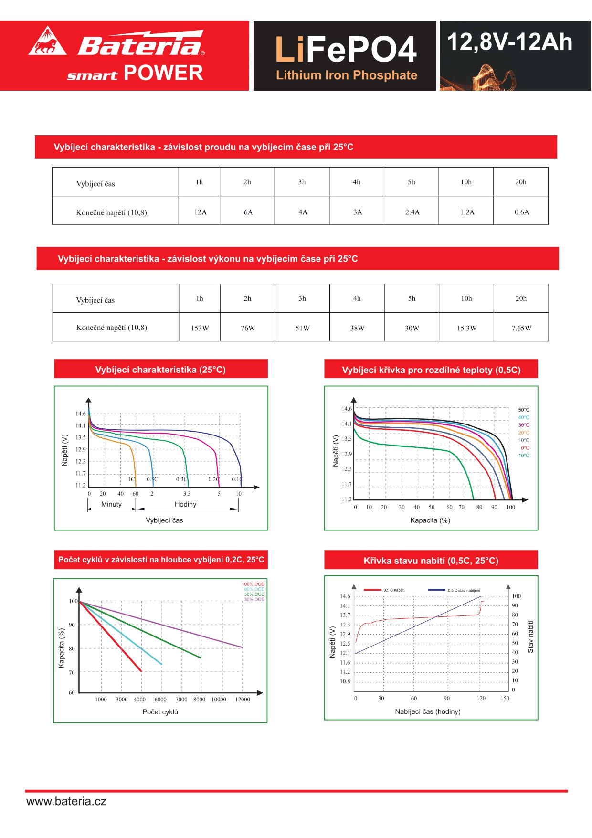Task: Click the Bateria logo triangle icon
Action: [x=47, y=42]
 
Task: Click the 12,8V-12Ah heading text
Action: [x=509, y=42]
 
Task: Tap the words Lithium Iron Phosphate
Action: [x=347, y=75]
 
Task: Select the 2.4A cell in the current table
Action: [x=412, y=212]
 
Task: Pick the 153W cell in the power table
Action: [x=200, y=328]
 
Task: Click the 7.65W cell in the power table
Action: [x=521, y=328]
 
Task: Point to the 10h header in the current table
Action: [x=466, y=182]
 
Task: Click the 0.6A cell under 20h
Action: [x=521, y=212]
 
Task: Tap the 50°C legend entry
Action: [x=524, y=410]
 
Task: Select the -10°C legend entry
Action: [x=523, y=456]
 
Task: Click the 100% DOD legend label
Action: [x=253, y=584]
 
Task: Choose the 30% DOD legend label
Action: [x=254, y=599]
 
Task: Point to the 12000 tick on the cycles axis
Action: [x=243, y=700]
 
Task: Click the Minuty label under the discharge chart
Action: [x=111, y=504]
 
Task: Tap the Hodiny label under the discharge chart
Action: [x=185, y=504]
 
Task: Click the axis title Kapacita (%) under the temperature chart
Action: [x=430, y=520]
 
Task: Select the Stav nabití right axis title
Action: [x=530, y=636]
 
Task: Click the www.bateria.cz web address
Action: [x=66, y=801]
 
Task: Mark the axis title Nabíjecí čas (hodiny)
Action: [x=428, y=711]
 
